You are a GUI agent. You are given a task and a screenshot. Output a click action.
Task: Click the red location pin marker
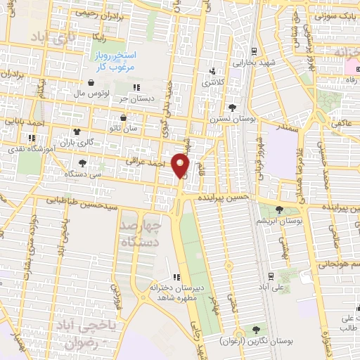coord(181,166)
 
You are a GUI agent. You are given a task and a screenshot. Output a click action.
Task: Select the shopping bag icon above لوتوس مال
coord(91,82)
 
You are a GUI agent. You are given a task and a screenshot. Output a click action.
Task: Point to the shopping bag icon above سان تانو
coord(124,117)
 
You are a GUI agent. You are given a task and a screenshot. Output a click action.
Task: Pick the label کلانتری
coord(215,83)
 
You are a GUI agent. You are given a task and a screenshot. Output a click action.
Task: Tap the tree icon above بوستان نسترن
coord(232,107)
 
